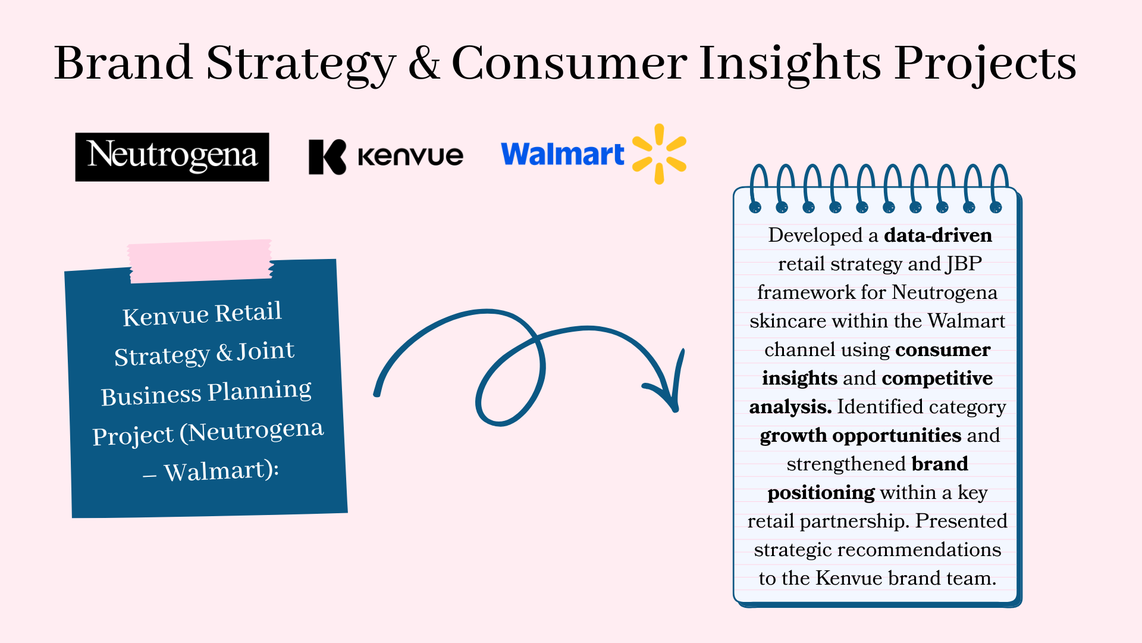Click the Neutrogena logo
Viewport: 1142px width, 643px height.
(172, 157)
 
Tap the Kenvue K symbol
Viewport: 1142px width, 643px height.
(327, 157)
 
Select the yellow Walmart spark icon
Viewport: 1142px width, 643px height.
(659, 154)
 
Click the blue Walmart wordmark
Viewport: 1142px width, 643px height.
(563, 154)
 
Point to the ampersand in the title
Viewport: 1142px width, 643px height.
(424, 63)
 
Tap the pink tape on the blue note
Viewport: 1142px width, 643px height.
(201, 261)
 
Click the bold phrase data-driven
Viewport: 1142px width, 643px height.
(937, 235)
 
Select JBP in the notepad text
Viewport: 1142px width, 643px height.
(964, 264)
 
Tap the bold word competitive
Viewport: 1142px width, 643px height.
(937, 379)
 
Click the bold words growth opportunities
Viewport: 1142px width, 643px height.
(860, 436)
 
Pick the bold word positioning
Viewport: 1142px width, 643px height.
(821, 493)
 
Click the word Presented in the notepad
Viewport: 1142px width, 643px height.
(961, 521)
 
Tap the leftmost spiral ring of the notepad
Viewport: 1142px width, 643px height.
(757, 188)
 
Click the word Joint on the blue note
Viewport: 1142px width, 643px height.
(265, 351)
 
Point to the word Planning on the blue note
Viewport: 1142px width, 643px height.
(259, 392)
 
